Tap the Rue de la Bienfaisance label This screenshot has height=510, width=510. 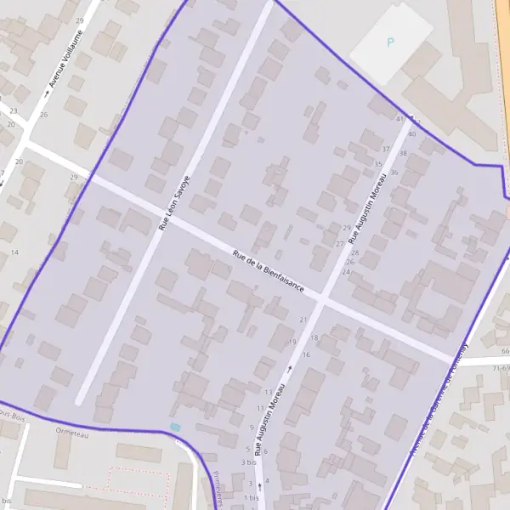[x=269, y=272]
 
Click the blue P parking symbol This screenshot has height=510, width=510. [x=390, y=42]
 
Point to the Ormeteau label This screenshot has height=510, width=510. [x=71, y=433]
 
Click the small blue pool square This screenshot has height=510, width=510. [x=175, y=427]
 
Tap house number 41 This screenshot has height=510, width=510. [x=400, y=120]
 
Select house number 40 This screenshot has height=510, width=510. [x=411, y=133]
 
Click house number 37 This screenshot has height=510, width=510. [x=385, y=149]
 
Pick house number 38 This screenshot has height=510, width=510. [x=403, y=154]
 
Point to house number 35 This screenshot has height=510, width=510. [x=377, y=164]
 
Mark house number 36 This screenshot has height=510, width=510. [x=394, y=173]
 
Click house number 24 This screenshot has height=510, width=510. [x=346, y=272]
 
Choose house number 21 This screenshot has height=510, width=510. [x=303, y=319]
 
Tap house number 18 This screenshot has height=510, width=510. [x=314, y=337]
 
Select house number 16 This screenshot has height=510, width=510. [x=306, y=354]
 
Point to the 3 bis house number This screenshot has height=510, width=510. [x=248, y=462]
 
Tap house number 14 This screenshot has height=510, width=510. [x=14, y=252]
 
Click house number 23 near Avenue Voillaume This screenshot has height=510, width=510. [x=13, y=110]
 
